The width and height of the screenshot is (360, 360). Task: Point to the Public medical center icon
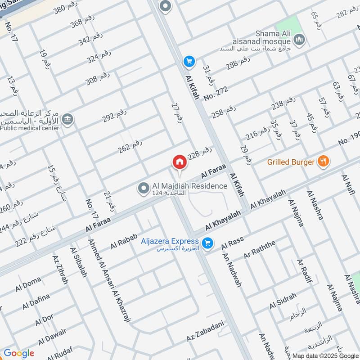tap(68, 119)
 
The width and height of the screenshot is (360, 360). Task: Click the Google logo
tap(18, 353)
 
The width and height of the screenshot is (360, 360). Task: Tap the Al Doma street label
tap(28, 284)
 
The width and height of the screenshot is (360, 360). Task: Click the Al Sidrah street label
tap(283, 301)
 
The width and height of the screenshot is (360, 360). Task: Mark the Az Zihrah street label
tap(60, 270)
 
